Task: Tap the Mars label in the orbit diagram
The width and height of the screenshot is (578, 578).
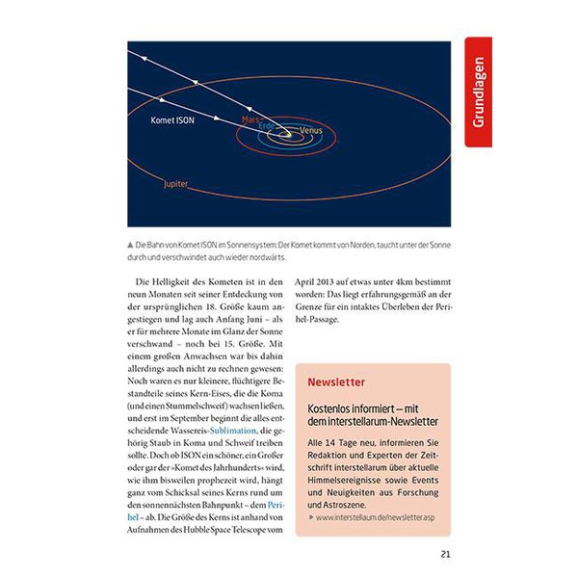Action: (x=251, y=120)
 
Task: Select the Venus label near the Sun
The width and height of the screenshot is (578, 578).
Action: (x=311, y=130)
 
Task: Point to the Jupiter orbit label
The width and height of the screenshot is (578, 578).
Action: (x=176, y=182)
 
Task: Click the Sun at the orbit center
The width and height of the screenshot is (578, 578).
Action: (x=286, y=136)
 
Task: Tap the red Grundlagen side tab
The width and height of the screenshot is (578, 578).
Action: (x=479, y=92)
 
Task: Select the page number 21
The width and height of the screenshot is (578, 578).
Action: (x=445, y=554)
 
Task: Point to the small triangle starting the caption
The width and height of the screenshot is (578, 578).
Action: (x=130, y=245)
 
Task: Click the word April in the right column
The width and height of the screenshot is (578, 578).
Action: (x=321, y=280)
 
